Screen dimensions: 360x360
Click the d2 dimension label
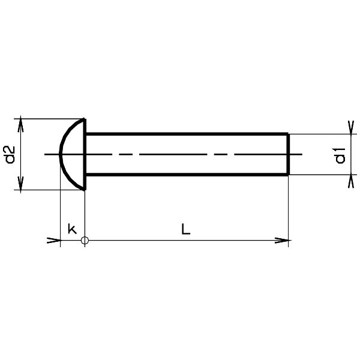point(10,154)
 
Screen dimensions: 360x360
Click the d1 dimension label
point(340,155)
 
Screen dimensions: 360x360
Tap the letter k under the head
point(72,229)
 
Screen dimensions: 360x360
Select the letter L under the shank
point(186,229)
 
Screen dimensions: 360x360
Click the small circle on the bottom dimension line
point(85,241)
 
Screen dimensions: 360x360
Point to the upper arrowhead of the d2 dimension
point(20,124)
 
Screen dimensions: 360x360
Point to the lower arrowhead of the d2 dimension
point(20,185)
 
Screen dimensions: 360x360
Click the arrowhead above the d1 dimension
point(351,127)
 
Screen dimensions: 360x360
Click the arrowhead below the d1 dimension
point(351,181)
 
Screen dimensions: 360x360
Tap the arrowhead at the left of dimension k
point(54,241)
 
